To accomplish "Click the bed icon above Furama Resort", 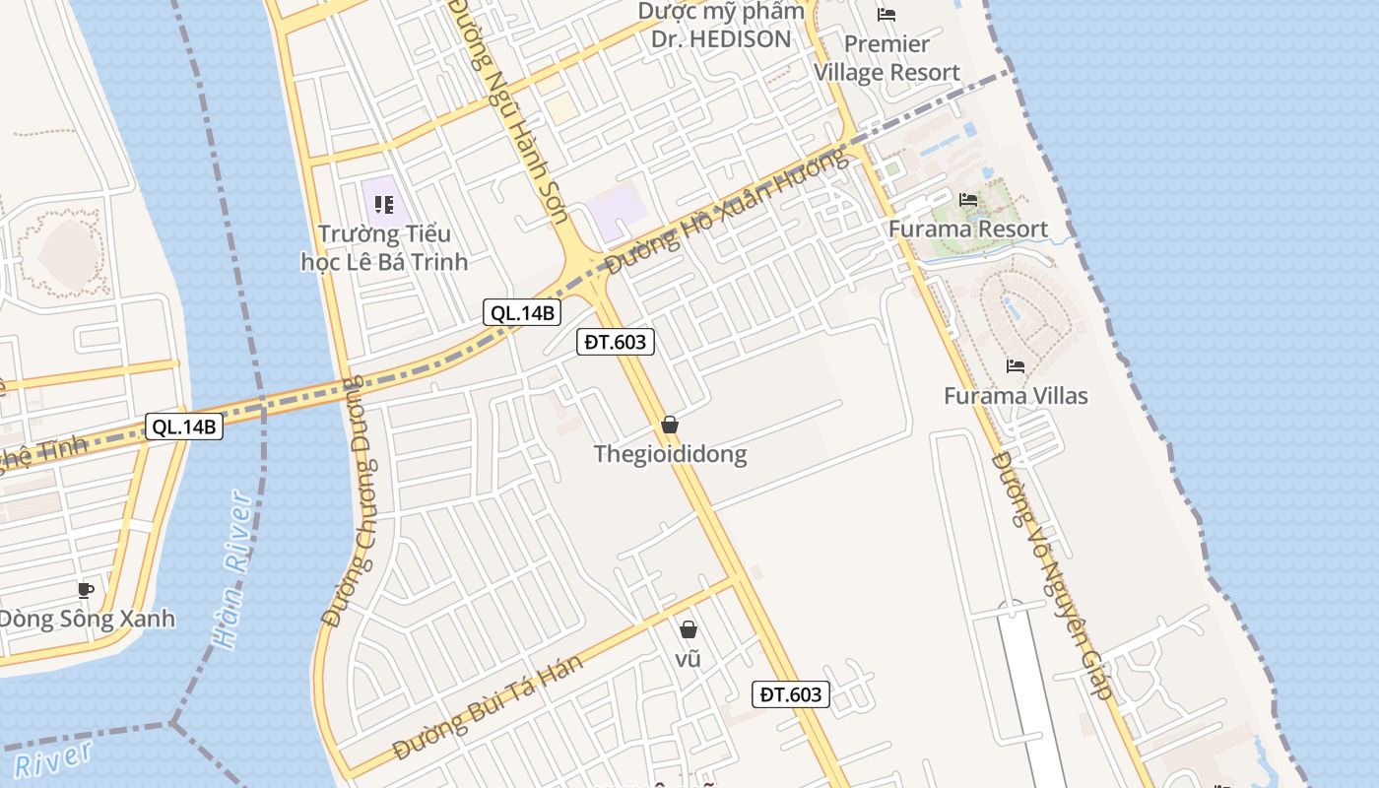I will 968,200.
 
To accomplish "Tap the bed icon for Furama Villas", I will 1016,366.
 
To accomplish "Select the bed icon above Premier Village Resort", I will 886,15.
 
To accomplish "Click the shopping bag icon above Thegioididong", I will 670,425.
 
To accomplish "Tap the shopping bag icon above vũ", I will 689,628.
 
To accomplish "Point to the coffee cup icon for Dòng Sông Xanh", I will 86,590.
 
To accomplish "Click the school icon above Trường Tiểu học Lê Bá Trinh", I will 384,205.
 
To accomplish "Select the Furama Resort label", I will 968,230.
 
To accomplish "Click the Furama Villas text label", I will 1016,396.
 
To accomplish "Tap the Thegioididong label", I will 670,454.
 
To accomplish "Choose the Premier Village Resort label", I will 886,58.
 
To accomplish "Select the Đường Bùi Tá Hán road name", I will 489,706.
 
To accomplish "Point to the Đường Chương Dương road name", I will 353,501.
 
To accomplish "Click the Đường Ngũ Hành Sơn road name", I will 499,98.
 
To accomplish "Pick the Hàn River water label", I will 233,569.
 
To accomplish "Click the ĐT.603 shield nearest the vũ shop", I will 790,694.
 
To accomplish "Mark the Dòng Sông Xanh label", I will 86,620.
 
